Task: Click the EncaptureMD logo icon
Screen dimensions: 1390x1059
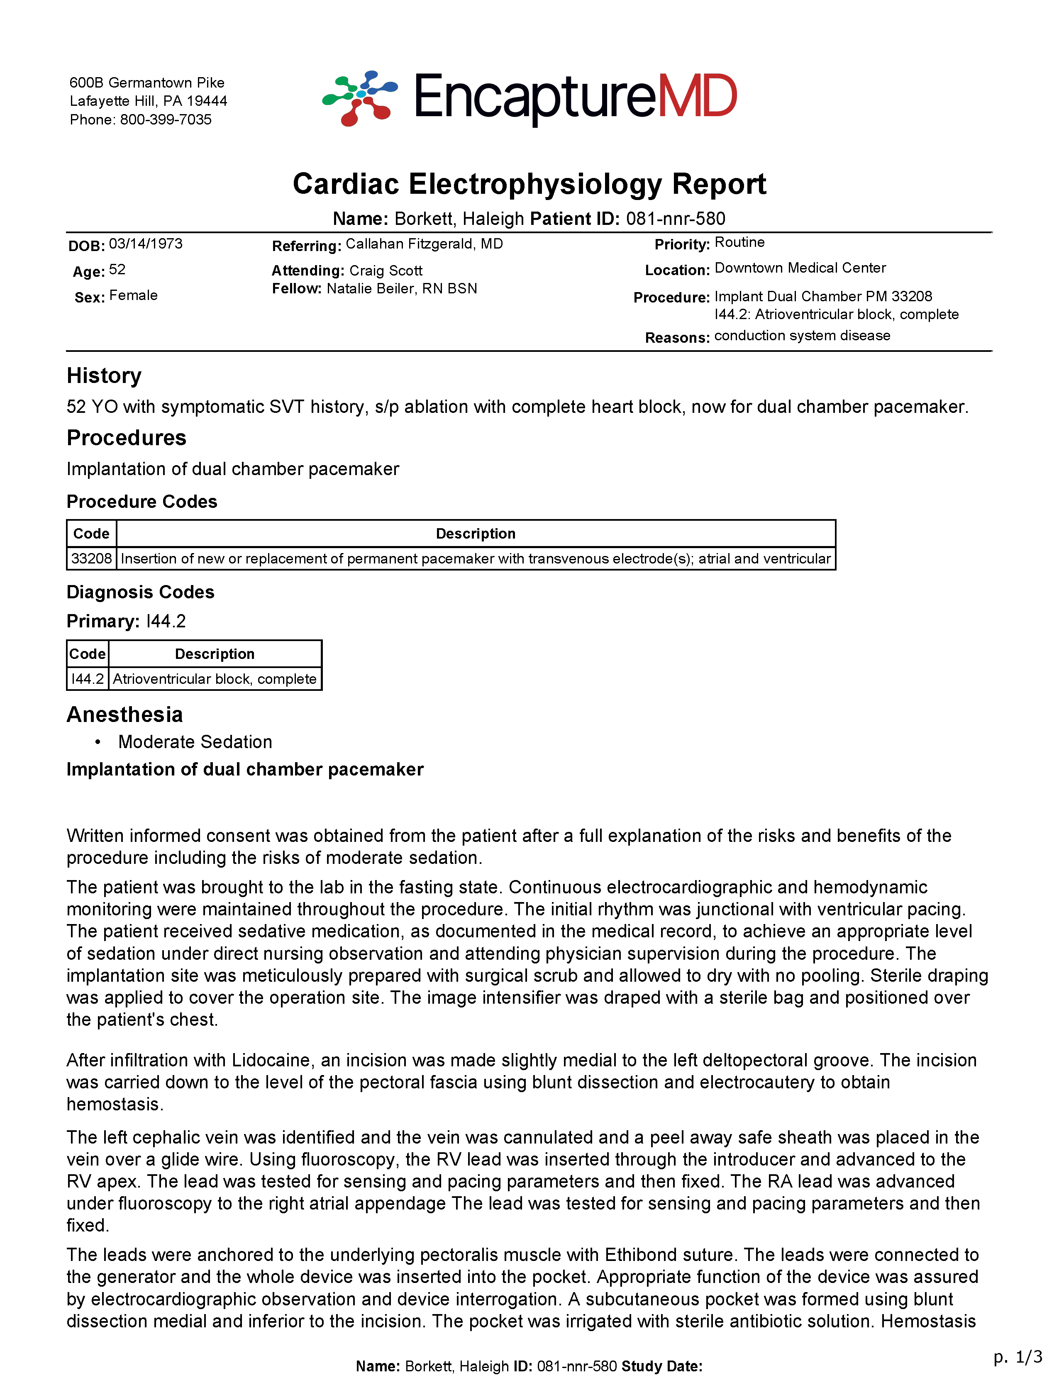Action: tap(360, 98)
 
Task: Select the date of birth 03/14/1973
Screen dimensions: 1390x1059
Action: tap(146, 244)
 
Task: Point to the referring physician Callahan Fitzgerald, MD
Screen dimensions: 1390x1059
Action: tap(424, 244)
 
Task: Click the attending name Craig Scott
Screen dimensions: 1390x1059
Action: tap(386, 271)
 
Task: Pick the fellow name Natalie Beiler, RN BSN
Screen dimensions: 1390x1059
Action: tap(402, 289)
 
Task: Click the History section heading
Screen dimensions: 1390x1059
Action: tap(104, 376)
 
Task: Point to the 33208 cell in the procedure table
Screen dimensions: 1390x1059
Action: tap(91, 558)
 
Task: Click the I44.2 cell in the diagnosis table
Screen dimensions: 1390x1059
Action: tap(88, 679)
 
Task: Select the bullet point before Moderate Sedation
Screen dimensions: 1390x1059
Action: tap(98, 742)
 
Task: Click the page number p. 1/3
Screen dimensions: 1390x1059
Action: tap(1018, 1356)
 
